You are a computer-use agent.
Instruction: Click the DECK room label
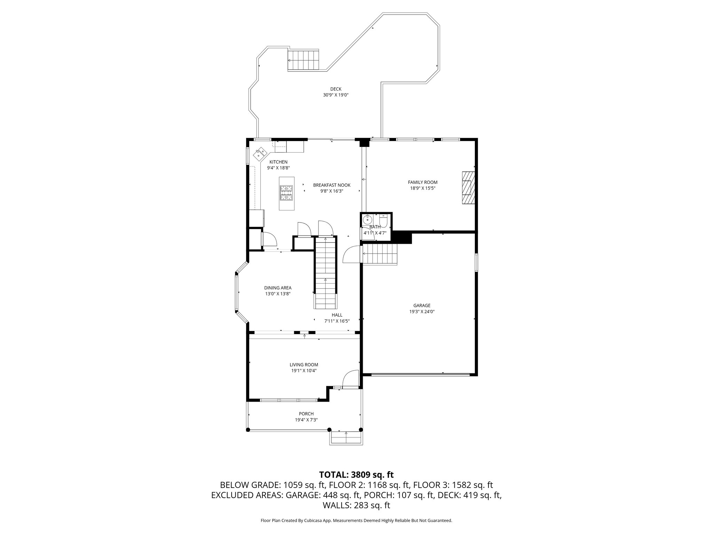pyautogui.click(x=336, y=89)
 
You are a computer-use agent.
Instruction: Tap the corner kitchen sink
pyautogui.click(x=260, y=153)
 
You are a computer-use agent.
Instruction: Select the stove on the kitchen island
pyautogui.click(x=287, y=193)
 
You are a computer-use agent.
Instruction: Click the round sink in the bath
pyautogui.click(x=367, y=219)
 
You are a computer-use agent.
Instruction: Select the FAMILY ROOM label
pyautogui.click(x=422, y=182)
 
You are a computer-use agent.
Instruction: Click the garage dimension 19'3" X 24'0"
pyautogui.click(x=422, y=312)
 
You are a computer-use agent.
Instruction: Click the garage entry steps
pyautogui.click(x=380, y=254)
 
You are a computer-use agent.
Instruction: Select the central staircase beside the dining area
pyautogui.click(x=326, y=273)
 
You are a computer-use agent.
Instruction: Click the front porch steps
pyautogui.click(x=346, y=437)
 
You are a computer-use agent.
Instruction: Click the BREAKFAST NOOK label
pyautogui.click(x=331, y=185)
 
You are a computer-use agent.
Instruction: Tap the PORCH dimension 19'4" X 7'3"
pyautogui.click(x=306, y=420)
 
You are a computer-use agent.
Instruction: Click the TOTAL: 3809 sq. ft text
pyautogui.click(x=356, y=474)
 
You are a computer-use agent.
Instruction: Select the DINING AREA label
pyautogui.click(x=277, y=288)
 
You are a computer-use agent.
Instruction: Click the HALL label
pyautogui.click(x=337, y=315)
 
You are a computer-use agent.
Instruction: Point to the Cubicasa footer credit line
pyautogui.click(x=356, y=520)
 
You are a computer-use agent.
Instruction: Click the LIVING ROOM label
pyautogui.click(x=304, y=365)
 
